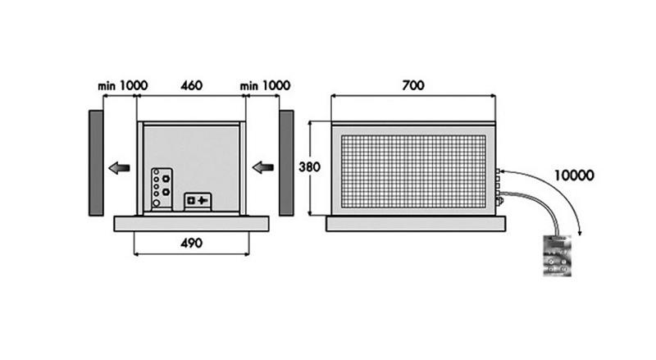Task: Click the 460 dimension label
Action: coord(191,85)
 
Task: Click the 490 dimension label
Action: coord(190,243)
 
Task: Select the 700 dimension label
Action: coord(413,84)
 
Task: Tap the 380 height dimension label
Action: coord(309,166)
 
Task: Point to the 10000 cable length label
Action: coord(573,175)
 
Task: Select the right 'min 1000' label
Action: coord(266,85)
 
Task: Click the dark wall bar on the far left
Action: coord(96,162)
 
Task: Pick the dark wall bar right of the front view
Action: coord(286,162)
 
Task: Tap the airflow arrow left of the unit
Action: coord(119,168)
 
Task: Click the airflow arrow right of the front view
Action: coord(262,168)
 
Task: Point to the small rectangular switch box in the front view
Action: coord(197,200)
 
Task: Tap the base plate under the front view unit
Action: coord(191,222)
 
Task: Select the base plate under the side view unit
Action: coord(416,223)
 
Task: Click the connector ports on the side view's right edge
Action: coord(499,185)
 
